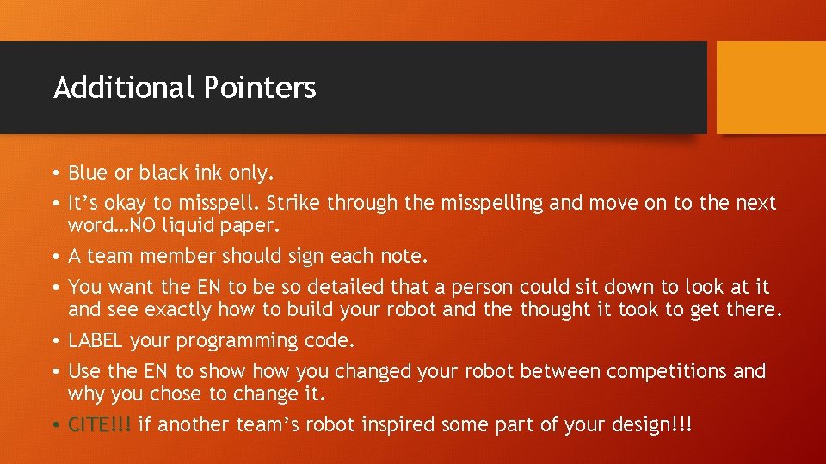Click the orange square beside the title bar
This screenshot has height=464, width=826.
[771, 87]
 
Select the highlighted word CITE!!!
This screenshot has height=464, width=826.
[100, 424]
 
